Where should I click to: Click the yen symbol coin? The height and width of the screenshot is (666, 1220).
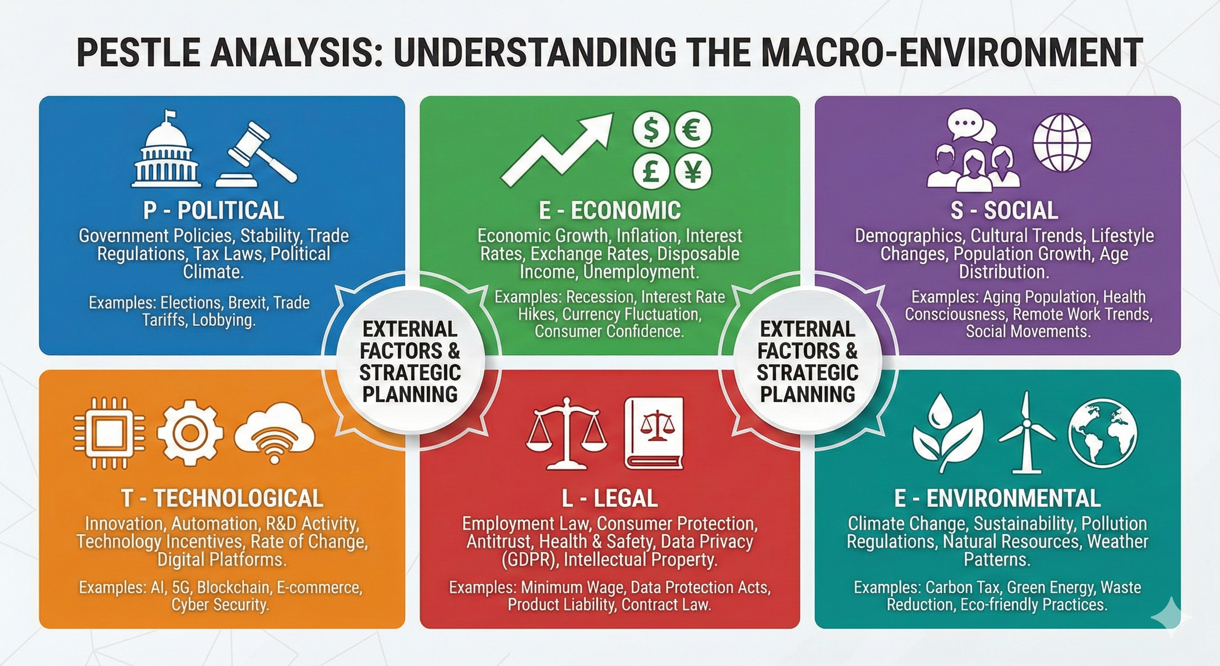pyautogui.click(x=692, y=172)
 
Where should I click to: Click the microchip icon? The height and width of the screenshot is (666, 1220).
pyautogui.click(x=109, y=434)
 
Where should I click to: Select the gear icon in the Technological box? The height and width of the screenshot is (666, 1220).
pyautogui.click(x=190, y=434)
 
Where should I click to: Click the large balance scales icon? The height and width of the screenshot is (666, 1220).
pyautogui.click(x=566, y=434)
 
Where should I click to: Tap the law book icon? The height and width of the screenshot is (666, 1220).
pyautogui.click(x=654, y=434)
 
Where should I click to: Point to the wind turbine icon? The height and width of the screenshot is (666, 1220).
pyautogui.click(x=1026, y=434)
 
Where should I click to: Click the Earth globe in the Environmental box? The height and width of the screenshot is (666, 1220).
pyautogui.click(x=1102, y=434)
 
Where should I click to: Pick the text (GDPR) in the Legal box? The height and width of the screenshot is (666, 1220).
pyautogui.click(x=530, y=560)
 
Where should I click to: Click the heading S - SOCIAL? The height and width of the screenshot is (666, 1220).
pyautogui.click(x=1004, y=210)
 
